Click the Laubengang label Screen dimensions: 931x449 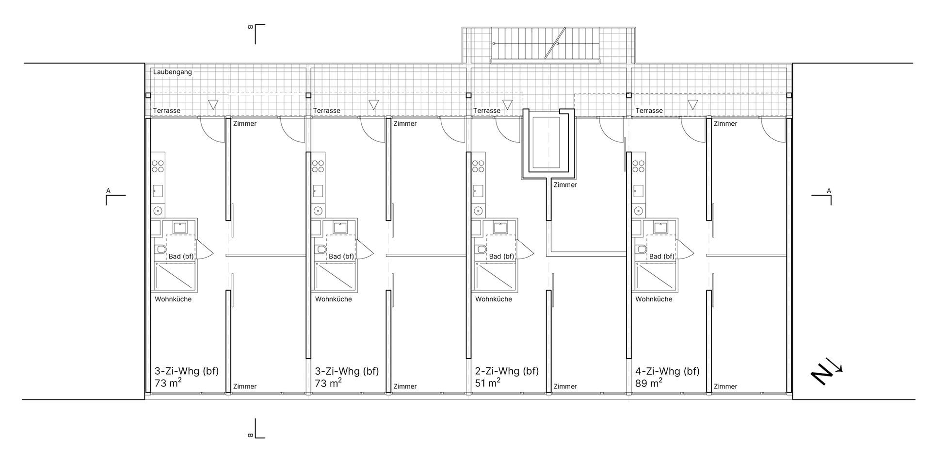[x=173, y=72]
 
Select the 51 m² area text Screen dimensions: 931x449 [x=488, y=383]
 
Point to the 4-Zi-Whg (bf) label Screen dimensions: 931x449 [x=667, y=371]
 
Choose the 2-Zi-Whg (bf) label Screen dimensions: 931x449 [x=507, y=371]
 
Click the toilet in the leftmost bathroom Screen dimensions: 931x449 [x=161, y=249]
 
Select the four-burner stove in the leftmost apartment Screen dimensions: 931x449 [x=158, y=166]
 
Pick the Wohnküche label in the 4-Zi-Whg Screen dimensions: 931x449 [x=654, y=299]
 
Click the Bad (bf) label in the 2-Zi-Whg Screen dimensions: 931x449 [x=501, y=256]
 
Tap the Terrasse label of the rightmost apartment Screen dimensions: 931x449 [x=649, y=111]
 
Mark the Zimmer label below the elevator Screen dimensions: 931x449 [x=565, y=185]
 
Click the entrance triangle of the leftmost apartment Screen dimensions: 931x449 [x=213, y=104]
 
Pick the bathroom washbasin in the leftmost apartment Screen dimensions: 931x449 [x=180, y=227]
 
